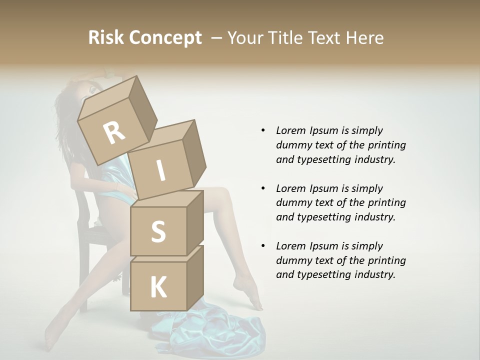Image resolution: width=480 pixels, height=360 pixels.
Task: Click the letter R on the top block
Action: [114, 133]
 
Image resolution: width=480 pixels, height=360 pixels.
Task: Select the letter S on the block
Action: [158, 231]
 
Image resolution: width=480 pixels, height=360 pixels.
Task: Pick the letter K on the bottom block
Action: [158, 287]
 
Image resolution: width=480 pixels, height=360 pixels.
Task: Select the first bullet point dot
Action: [263, 130]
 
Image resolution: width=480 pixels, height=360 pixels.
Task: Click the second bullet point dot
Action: [263, 188]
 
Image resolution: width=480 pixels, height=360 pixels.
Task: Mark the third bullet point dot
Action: [263, 246]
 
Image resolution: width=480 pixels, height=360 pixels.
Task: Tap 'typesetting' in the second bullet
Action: [323, 217]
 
